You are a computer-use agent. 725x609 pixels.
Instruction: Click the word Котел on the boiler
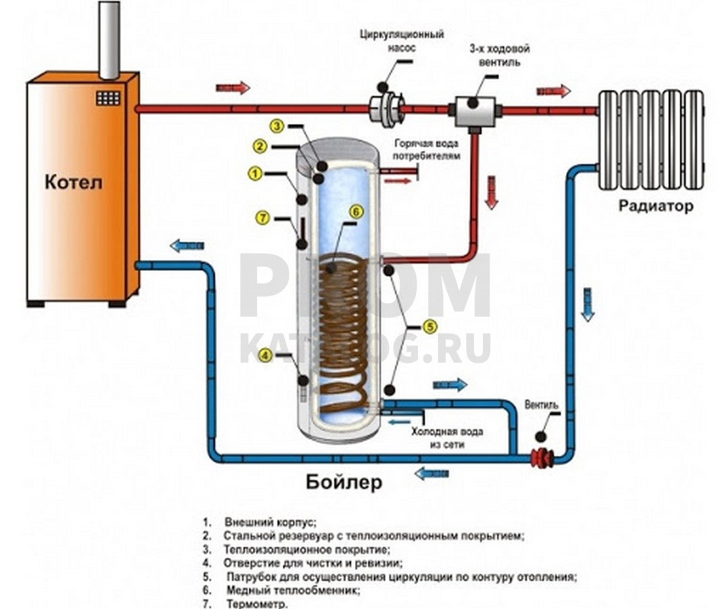(x=74, y=182)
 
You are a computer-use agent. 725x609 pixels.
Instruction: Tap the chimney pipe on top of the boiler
(x=110, y=40)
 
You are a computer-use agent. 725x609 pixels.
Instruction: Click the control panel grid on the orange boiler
(x=108, y=97)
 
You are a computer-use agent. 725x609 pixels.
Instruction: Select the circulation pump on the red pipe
(x=387, y=108)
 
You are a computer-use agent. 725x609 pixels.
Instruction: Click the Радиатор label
(x=655, y=206)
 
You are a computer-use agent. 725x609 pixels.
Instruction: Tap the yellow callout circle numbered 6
(x=356, y=212)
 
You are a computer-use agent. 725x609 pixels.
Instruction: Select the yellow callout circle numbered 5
(x=429, y=327)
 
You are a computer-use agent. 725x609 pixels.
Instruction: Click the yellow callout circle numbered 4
(x=265, y=355)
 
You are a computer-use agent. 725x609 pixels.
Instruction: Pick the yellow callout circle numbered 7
(x=262, y=217)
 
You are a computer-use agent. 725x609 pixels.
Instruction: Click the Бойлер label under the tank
(x=344, y=482)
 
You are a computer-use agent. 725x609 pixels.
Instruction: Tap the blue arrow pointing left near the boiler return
(x=187, y=246)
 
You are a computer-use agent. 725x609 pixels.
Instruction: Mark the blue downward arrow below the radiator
(x=588, y=304)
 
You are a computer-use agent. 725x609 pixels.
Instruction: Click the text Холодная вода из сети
(x=447, y=438)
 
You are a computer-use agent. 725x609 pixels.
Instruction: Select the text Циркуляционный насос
(x=402, y=41)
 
